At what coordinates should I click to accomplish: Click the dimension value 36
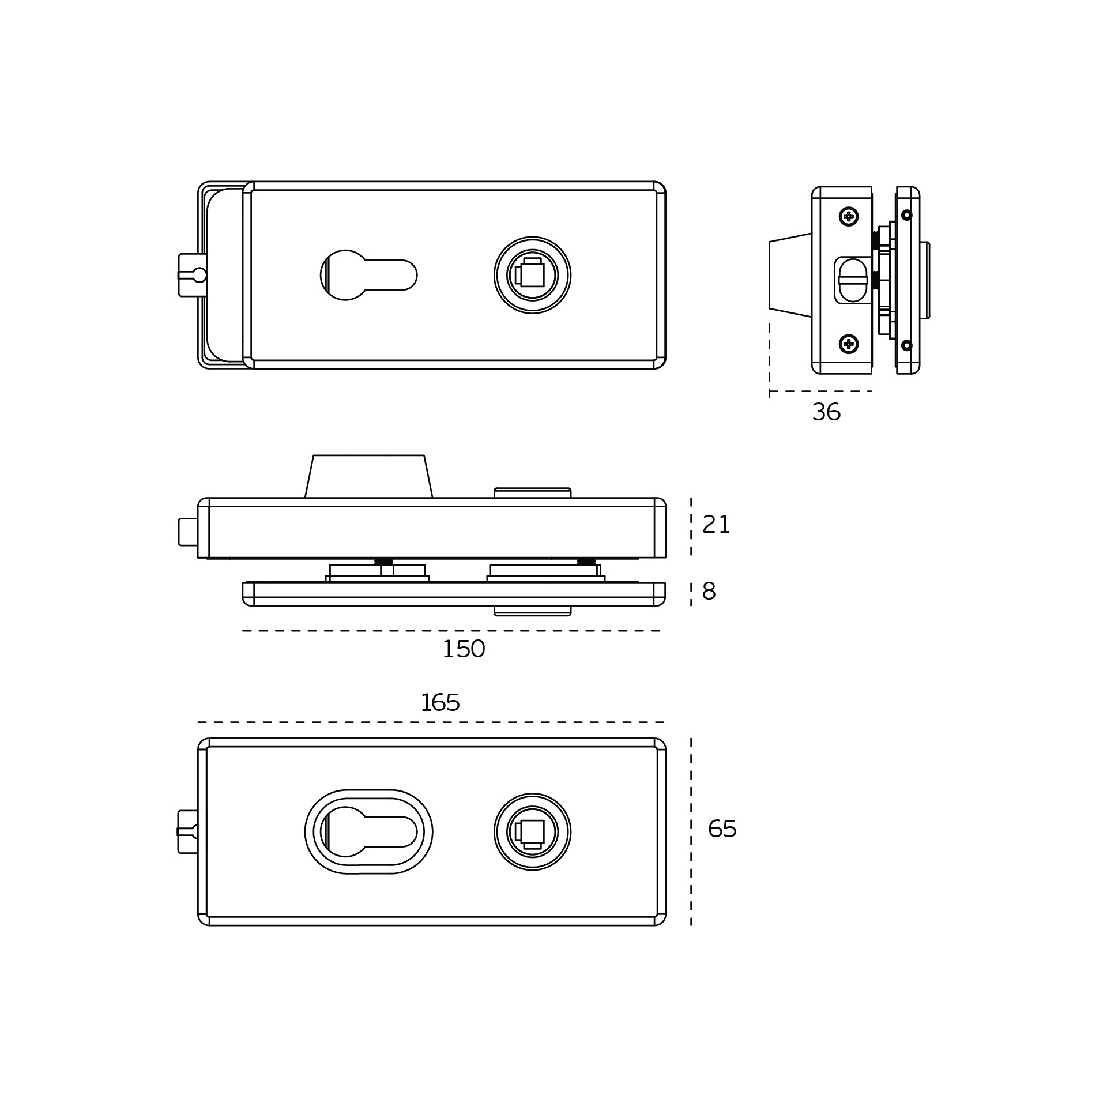click(x=826, y=412)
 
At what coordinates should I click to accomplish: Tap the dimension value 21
click(x=716, y=525)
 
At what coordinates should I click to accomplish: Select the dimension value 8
click(x=709, y=592)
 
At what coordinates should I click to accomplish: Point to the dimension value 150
click(x=464, y=649)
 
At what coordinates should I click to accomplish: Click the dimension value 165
click(x=440, y=703)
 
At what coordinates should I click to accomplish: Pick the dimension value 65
click(x=722, y=829)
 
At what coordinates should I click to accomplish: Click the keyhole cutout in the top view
click(x=368, y=275)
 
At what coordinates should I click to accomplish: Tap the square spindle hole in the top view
click(x=532, y=275)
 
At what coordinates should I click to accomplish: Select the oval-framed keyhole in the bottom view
click(x=368, y=832)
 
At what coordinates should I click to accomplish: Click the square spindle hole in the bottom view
click(x=532, y=832)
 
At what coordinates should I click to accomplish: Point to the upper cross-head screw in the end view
click(x=849, y=216)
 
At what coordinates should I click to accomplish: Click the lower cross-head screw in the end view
click(x=849, y=344)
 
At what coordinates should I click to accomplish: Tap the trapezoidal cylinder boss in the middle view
click(x=368, y=477)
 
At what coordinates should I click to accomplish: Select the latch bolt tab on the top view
click(x=192, y=275)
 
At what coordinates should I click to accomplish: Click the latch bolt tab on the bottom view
click(x=188, y=832)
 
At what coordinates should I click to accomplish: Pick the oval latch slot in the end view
click(x=853, y=280)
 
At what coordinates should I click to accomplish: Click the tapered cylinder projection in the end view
click(x=790, y=275)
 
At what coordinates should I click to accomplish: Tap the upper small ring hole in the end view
click(x=907, y=215)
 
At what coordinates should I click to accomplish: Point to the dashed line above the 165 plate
click(x=431, y=722)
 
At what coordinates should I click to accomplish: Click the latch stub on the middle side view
click(x=188, y=532)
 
